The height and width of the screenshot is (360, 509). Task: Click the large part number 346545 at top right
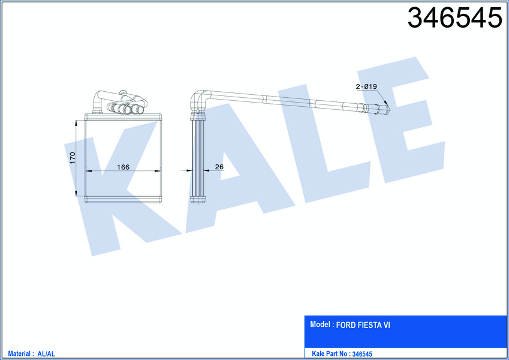coord(455,18)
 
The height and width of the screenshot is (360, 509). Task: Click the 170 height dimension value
coord(73,158)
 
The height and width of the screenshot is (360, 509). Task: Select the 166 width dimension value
coord(123,167)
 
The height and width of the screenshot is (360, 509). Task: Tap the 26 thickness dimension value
coord(219,167)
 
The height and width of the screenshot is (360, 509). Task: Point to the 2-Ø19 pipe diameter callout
coord(366,86)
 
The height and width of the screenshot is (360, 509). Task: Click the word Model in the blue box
coord(320,324)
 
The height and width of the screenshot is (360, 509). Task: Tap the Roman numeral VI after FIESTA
coord(387,325)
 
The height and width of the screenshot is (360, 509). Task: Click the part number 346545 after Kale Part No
coord(362,354)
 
